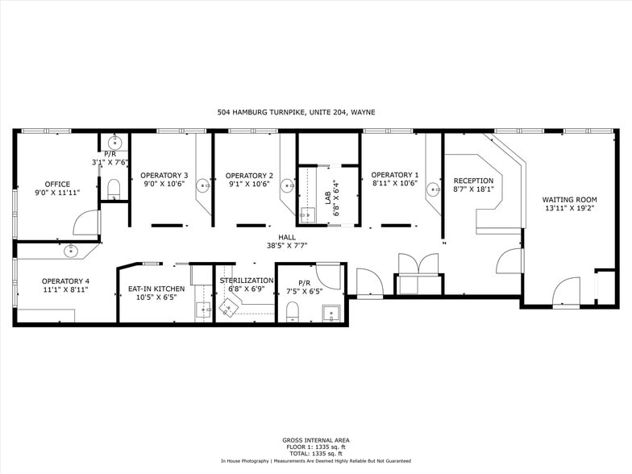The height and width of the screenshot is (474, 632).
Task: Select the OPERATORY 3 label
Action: (164, 175)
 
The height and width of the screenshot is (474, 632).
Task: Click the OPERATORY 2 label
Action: (249, 175)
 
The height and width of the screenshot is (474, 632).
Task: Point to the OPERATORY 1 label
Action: (394, 175)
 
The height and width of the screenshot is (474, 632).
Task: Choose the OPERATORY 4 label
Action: (65, 281)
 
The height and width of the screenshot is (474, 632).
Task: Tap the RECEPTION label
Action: (473, 181)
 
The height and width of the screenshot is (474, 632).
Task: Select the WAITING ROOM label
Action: (569, 199)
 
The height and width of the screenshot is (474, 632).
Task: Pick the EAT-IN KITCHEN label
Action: (156, 289)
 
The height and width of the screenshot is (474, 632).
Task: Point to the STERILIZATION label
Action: (247, 280)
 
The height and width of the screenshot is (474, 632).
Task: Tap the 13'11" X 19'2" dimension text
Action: (569, 208)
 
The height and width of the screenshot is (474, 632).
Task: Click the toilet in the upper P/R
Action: (114, 189)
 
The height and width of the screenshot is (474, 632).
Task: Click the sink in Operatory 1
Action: (433, 191)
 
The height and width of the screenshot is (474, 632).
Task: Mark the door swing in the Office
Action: (85, 223)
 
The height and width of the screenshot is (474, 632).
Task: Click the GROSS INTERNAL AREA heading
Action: (316, 440)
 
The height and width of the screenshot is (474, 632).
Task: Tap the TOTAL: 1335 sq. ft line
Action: (316, 454)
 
